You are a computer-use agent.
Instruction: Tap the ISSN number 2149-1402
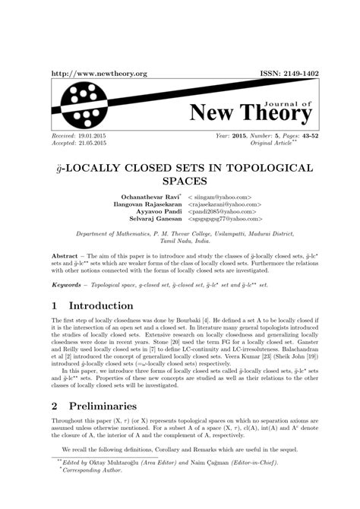(292, 74)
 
